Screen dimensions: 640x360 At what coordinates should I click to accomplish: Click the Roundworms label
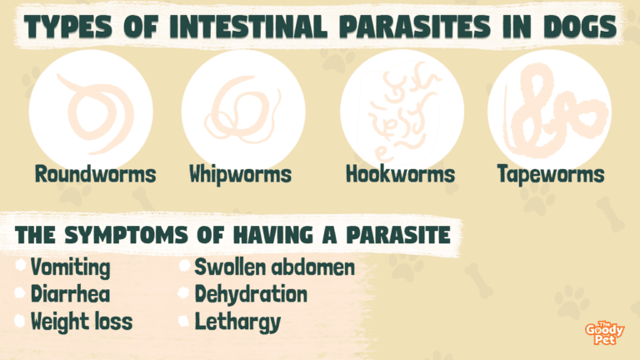(x=96, y=174)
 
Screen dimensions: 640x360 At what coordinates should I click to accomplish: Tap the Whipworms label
(x=240, y=175)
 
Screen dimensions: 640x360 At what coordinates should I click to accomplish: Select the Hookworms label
(x=400, y=174)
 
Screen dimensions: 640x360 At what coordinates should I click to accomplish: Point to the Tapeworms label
(x=551, y=175)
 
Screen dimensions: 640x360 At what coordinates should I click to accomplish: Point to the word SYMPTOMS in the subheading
(x=126, y=235)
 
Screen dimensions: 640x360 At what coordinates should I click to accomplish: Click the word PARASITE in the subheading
(x=398, y=235)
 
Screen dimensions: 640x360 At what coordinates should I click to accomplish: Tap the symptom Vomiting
(x=70, y=267)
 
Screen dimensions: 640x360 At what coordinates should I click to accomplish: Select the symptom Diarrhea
(x=70, y=294)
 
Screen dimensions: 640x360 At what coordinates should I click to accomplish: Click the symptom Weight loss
(x=82, y=322)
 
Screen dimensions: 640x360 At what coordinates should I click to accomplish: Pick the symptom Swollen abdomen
(x=275, y=267)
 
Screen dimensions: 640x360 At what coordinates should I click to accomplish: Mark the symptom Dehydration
(x=251, y=295)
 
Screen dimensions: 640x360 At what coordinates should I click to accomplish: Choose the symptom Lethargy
(x=238, y=322)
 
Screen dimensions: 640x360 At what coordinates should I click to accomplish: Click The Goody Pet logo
(x=604, y=332)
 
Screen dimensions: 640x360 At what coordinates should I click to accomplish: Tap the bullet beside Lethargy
(x=183, y=321)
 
